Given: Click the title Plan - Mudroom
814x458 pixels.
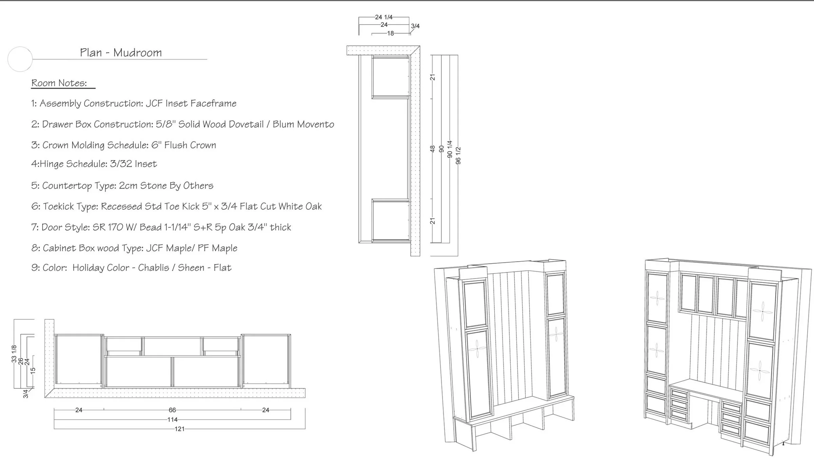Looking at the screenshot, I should tap(121, 53).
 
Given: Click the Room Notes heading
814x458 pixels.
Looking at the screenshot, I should tap(59, 83).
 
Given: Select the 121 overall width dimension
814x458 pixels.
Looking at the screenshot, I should tap(179, 429).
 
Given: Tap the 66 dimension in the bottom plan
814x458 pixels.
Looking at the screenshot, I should tap(172, 410).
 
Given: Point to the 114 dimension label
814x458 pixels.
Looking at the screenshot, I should tap(172, 420).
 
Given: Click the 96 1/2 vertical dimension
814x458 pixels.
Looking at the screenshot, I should tap(458, 156).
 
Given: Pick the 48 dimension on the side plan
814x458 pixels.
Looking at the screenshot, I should tap(432, 149).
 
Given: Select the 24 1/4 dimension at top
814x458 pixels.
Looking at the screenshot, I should tap(384, 17).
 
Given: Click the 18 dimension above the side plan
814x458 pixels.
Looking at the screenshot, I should tap(391, 33).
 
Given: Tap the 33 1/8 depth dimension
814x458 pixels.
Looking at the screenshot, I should tap(14, 354).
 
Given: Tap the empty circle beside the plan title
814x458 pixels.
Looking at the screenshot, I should tap(20, 59).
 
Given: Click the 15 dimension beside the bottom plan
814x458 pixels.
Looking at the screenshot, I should tap(33, 370).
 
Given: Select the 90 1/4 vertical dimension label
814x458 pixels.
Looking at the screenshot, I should tap(450, 149).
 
